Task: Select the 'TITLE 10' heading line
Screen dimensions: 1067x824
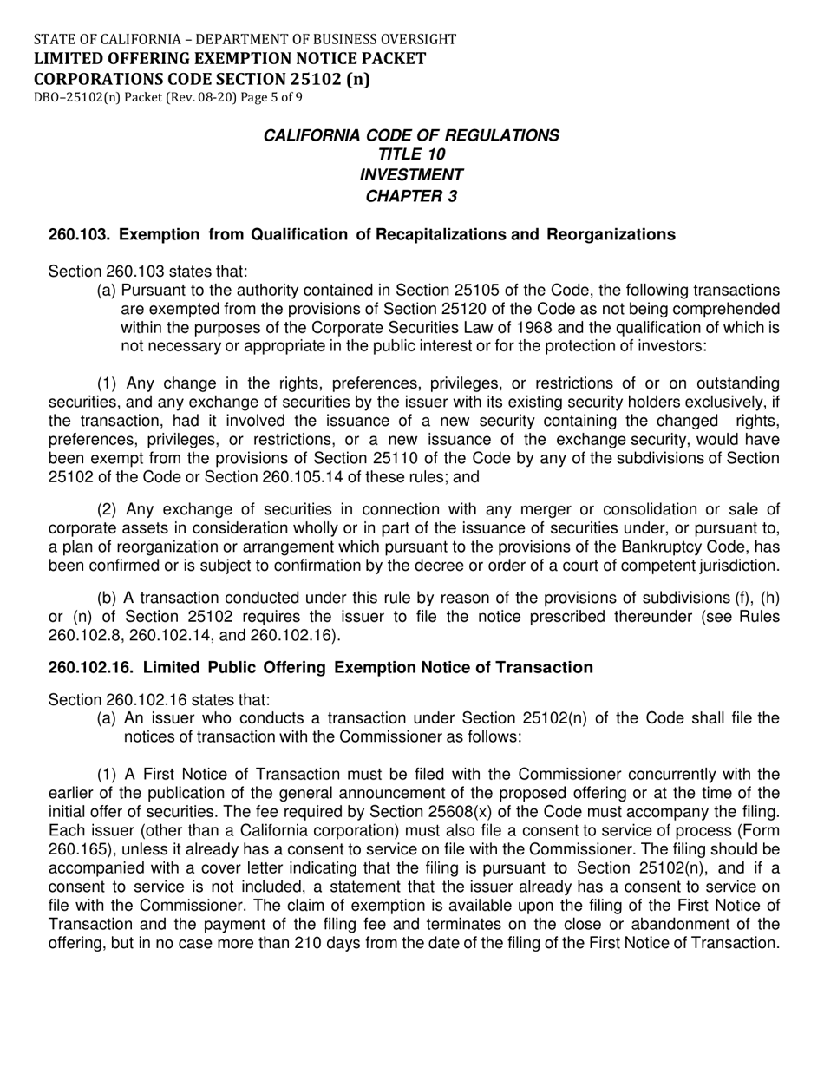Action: point(411,154)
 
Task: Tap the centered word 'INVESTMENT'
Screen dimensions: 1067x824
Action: point(411,175)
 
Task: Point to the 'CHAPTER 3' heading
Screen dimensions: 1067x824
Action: point(411,196)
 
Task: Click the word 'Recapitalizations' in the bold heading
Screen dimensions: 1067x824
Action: point(433,234)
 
